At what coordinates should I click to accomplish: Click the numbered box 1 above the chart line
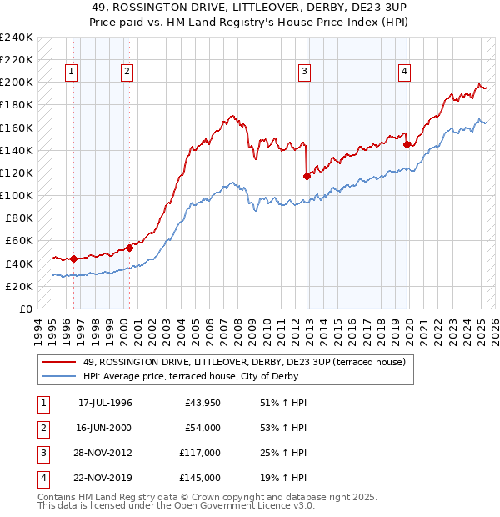tap(72, 73)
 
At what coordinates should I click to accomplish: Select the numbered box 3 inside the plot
tap(305, 73)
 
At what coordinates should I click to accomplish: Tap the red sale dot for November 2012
tap(307, 176)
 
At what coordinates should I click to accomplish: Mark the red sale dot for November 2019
tap(407, 144)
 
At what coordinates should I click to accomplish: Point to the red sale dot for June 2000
tap(130, 247)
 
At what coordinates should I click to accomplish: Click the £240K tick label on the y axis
tap(17, 38)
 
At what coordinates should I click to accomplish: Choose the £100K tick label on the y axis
tap(17, 195)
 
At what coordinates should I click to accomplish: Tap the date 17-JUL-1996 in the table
tap(105, 403)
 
